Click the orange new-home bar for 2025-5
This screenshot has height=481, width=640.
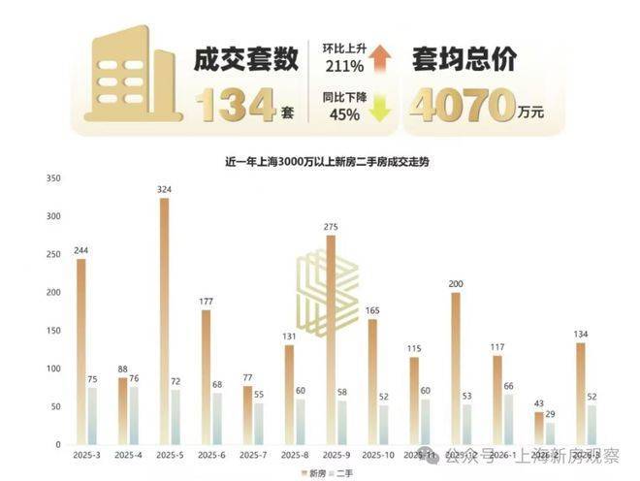(x=164, y=320)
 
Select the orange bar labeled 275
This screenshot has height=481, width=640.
(x=331, y=339)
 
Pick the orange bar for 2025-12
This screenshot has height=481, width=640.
(x=456, y=368)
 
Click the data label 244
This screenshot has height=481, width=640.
(x=81, y=250)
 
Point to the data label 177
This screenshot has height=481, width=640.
(x=206, y=302)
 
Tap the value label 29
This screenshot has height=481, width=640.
(x=550, y=414)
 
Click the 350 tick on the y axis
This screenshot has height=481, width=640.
(x=53, y=177)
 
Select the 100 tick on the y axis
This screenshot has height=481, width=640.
(x=53, y=369)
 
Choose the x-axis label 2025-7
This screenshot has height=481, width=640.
(x=252, y=453)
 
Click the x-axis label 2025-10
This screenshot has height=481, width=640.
(x=378, y=453)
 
